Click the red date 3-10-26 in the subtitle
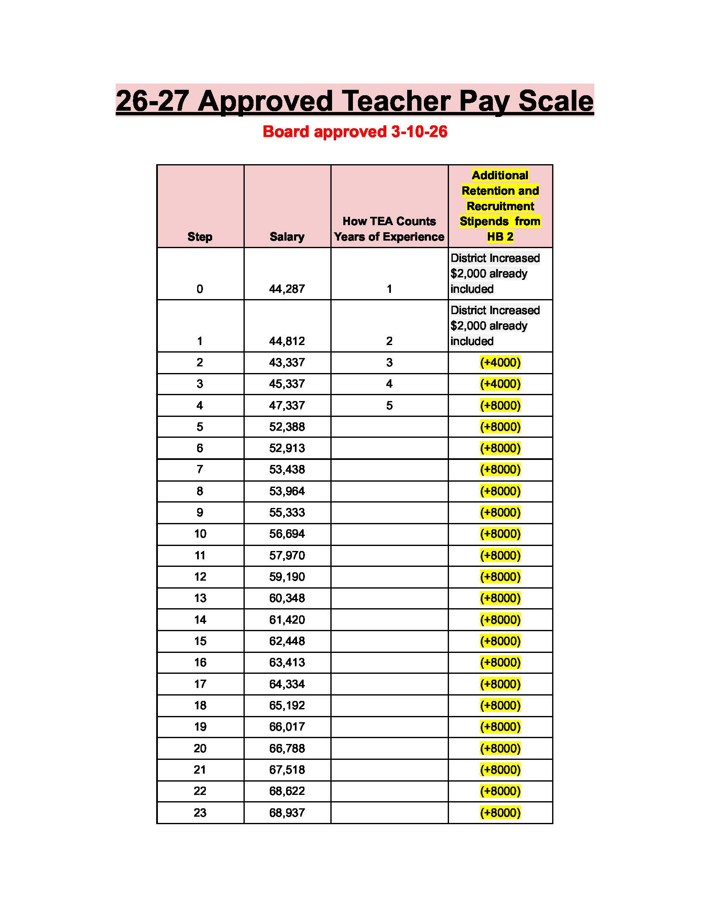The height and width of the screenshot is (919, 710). point(419,132)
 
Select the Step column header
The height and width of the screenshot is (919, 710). point(200,236)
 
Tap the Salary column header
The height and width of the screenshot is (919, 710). point(287,236)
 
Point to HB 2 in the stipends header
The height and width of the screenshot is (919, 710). point(500,236)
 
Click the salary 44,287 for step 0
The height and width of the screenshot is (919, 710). point(287,289)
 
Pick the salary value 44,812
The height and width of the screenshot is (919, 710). point(287,341)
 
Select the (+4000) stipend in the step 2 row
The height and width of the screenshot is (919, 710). point(500,362)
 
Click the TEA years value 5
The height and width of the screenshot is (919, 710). point(389,406)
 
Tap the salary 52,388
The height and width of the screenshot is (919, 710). point(287,426)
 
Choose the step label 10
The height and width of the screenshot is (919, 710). point(200,533)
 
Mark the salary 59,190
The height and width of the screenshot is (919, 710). point(287,576)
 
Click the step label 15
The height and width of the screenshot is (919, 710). point(200,641)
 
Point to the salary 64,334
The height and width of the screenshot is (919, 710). point(287,684)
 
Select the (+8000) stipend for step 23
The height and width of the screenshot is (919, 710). point(500,812)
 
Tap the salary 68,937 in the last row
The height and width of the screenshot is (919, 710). point(287,812)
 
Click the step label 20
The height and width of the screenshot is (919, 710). point(200,748)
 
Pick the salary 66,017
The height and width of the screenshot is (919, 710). point(287,727)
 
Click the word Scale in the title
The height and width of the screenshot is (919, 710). point(555,101)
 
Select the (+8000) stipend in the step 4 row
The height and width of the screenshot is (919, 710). point(500,406)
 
